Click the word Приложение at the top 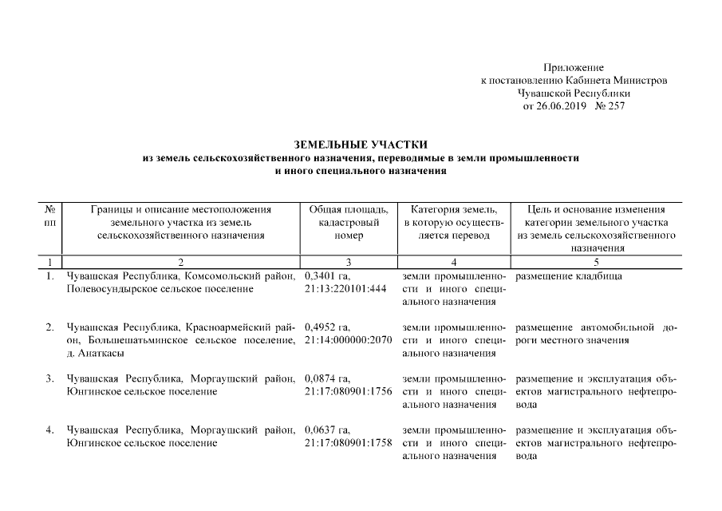click(573, 68)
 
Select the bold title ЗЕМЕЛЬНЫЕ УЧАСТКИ click(361, 145)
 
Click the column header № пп click(49, 216)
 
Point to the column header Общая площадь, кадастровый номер click(348, 223)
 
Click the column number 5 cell click(597, 263)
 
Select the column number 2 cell click(181, 263)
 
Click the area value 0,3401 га click(327, 276)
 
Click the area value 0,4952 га click(327, 327)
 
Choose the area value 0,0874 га click(327, 378)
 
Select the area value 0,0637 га click(327, 430)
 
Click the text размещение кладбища click(569, 276)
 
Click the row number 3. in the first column click(49, 378)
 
